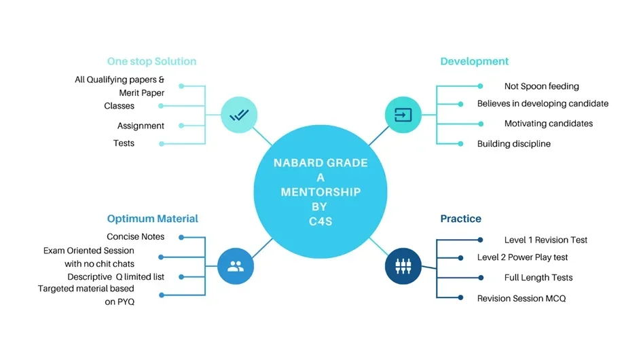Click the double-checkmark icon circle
(x=239, y=115)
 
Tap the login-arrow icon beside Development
(x=403, y=115)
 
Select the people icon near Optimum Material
(x=236, y=266)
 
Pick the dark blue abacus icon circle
(x=403, y=266)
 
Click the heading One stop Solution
(x=151, y=61)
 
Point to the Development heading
(x=474, y=61)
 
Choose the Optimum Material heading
(x=152, y=219)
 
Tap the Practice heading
(x=460, y=219)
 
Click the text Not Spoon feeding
(x=541, y=86)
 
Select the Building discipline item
(x=513, y=144)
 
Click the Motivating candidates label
(x=548, y=124)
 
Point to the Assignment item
(x=141, y=126)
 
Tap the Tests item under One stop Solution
(x=124, y=143)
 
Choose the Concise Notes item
(x=135, y=236)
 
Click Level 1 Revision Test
(x=545, y=240)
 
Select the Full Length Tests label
(x=538, y=278)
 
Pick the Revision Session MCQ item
(x=521, y=298)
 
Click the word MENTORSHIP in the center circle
(x=320, y=192)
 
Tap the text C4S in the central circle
(x=320, y=221)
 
